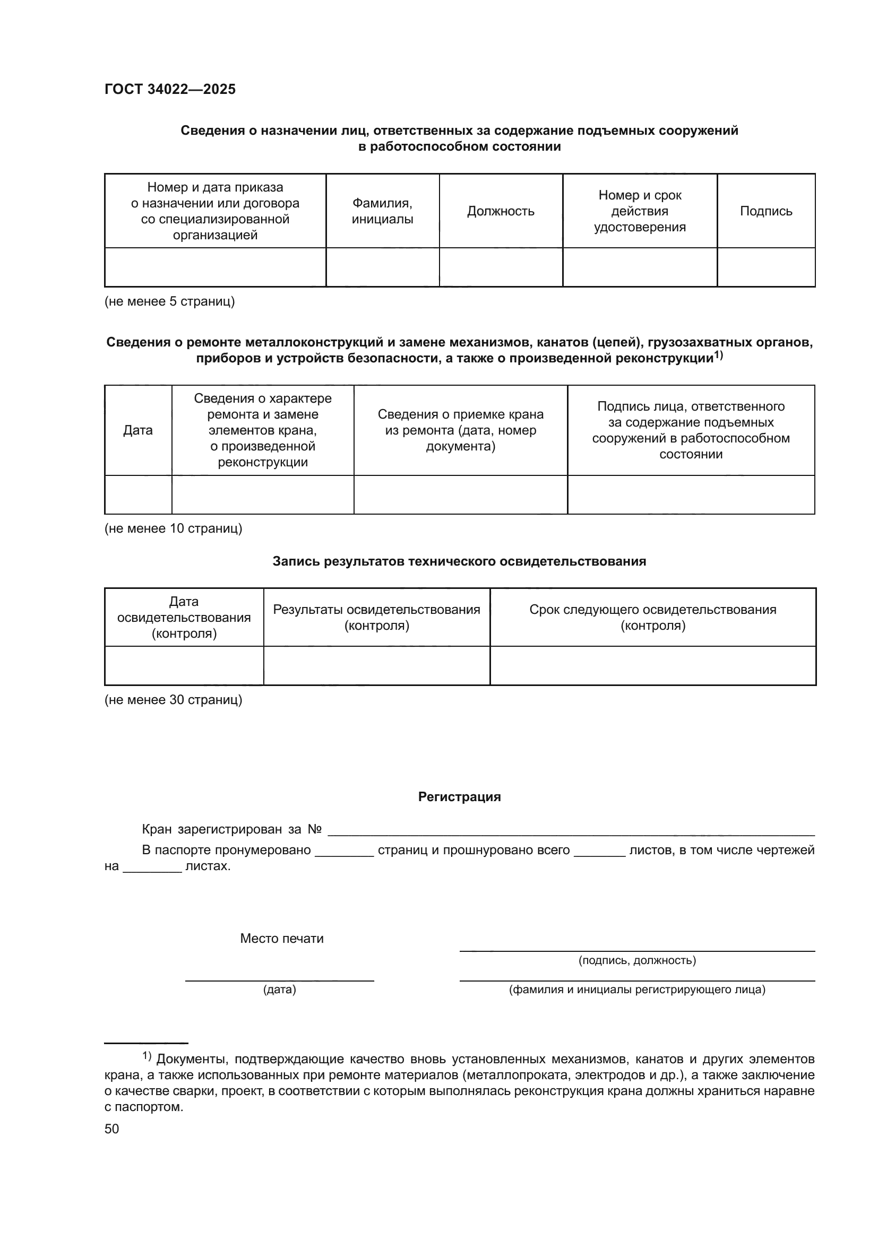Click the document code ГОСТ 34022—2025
(170, 89)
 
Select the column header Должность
(500, 211)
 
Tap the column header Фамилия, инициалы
(382, 211)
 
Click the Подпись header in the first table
(765, 211)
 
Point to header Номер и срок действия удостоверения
(640, 211)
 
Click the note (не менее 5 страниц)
(169, 301)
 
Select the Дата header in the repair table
(138, 430)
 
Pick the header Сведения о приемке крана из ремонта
(461, 430)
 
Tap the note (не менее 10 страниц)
(173, 528)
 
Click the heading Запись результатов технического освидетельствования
(459, 561)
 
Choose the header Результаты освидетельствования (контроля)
(376, 617)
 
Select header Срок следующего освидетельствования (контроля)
(652, 617)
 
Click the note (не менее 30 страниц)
(173, 700)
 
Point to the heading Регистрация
(459, 797)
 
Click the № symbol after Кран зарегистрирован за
(315, 829)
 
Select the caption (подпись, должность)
(637, 960)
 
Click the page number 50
(111, 1129)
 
